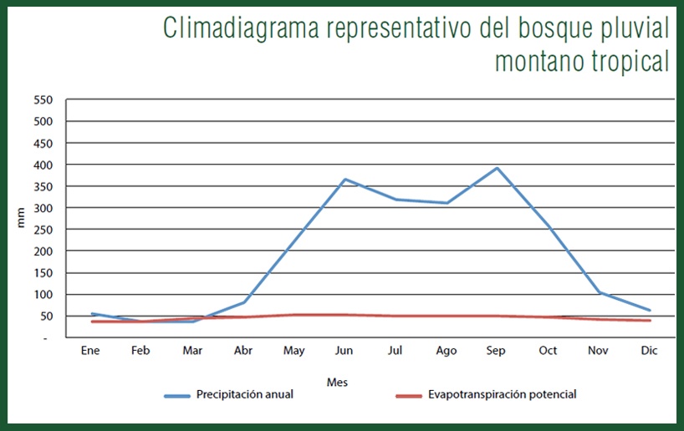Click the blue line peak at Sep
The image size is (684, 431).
click(498, 168)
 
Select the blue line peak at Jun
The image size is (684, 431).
click(345, 180)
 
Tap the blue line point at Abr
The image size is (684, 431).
click(243, 302)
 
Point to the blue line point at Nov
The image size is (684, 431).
click(598, 292)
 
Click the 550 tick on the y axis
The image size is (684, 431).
click(43, 99)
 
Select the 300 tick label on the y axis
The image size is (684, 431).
click(43, 207)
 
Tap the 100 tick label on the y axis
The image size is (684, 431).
click(43, 294)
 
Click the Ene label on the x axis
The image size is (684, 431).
click(90, 351)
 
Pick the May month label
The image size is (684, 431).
click(294, 351)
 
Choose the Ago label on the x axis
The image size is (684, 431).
click(446, 351)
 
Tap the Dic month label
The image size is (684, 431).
click(649, 351)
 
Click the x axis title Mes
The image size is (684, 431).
click(338, 382)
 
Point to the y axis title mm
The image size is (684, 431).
click(22, 218)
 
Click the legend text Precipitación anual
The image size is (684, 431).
click(245, 394)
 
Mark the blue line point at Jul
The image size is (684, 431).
click(396, 200)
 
